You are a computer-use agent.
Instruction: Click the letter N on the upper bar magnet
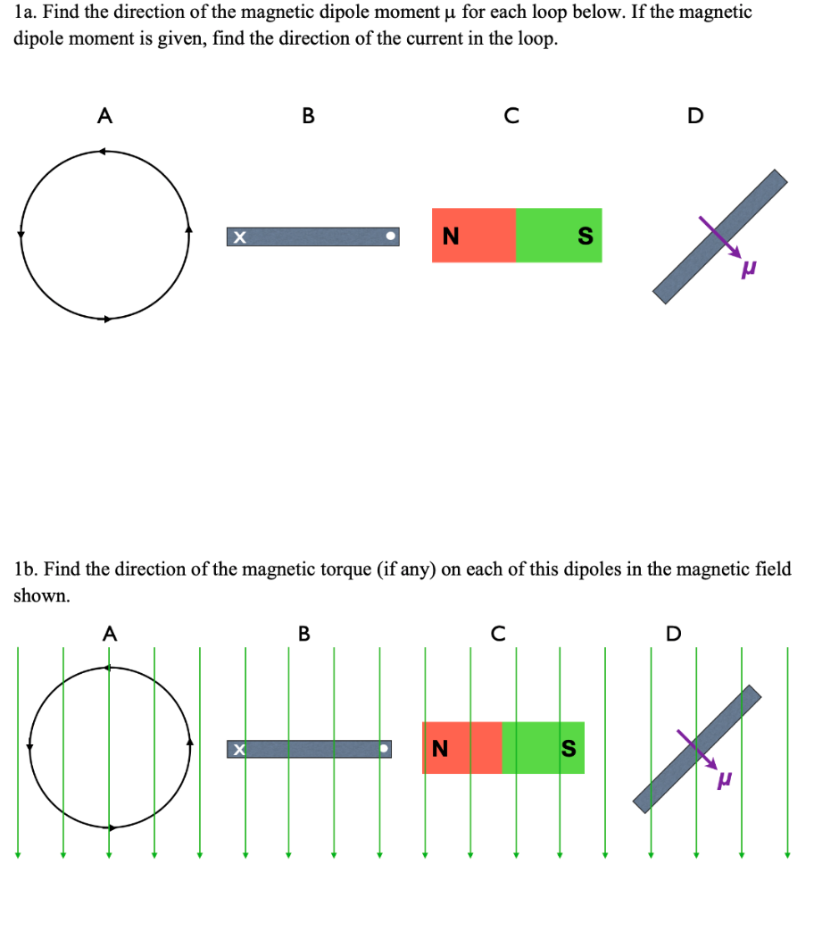451,236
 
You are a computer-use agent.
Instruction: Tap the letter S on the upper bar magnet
585,237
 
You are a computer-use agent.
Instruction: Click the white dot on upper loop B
389,237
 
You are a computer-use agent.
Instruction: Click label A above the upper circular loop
105,115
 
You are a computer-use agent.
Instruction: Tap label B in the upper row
308,115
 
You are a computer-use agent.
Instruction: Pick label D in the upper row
695,115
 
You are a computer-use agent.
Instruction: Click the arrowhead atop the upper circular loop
103,152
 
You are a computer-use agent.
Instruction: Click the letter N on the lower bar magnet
439,748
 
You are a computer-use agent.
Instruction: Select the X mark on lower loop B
237,750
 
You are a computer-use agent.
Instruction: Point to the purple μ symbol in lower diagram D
727,779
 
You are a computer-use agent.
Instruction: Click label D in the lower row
673,634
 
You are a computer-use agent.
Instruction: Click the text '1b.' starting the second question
27,569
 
